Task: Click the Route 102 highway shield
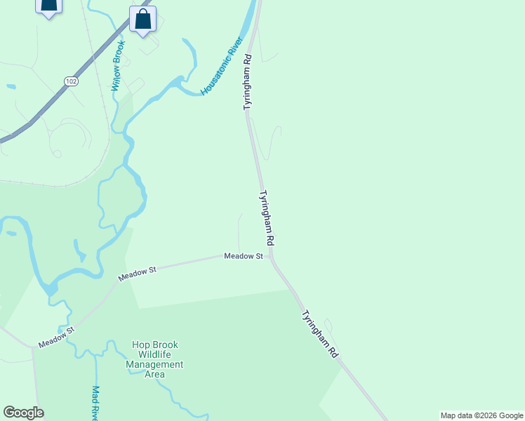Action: [x=70, y=81]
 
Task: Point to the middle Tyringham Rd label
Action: [x=267, y=218]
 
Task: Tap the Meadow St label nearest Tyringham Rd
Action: [x=243, y=256]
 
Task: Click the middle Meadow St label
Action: [x=137, y=273]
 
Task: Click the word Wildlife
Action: [x=154, y=355]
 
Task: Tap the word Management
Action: [x=154, y=365]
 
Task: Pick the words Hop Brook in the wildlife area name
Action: [x=155, y=345]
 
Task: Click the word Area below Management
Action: [x=154, y=375]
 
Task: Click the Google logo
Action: [x=23, y=413]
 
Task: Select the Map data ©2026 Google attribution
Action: [x=481, y=415]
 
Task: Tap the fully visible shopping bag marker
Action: [x=143, y=20]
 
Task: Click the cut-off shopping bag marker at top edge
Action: [x=48, y=6]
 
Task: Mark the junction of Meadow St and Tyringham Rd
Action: [x=271, y=256]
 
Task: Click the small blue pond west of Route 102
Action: [x=11, y=87]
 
